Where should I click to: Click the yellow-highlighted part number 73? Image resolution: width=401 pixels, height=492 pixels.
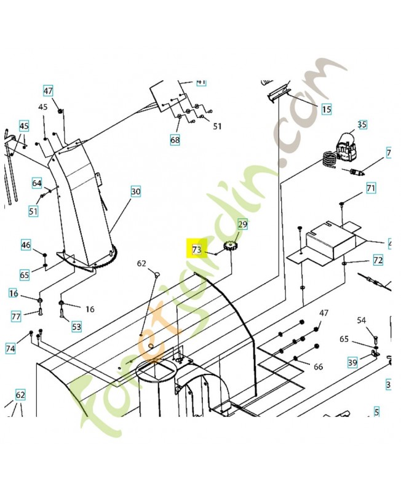click(x=197, y=249)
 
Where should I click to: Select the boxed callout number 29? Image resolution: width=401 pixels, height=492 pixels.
click(x=242, y=225)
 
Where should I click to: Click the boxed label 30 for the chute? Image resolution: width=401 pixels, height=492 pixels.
click(x=135, y=192)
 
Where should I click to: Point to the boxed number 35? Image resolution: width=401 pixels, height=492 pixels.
click(x=362, y=125)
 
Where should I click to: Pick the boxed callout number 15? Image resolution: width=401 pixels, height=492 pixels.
click(x=326, y=109)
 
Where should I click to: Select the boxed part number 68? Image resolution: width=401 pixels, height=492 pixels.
click(x=175, y=140)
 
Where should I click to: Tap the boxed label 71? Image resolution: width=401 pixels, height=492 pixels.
click(x=371, y=188)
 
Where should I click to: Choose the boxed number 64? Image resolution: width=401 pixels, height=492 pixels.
click(x=37, y=183)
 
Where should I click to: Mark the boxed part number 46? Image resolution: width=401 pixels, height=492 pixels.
click(x=26, y=245)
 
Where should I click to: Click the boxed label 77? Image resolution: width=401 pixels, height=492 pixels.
click(x=17, y=317)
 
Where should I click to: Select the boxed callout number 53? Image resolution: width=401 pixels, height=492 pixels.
click(x=76, y=327)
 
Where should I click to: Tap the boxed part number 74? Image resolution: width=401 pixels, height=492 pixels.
click(x=10, y=348)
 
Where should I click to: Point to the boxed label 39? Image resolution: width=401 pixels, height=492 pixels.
click(x=352, y=362)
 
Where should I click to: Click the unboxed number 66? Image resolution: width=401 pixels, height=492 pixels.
click(x=318, y=367)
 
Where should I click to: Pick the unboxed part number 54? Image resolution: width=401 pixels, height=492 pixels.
click(x=362, y=320)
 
